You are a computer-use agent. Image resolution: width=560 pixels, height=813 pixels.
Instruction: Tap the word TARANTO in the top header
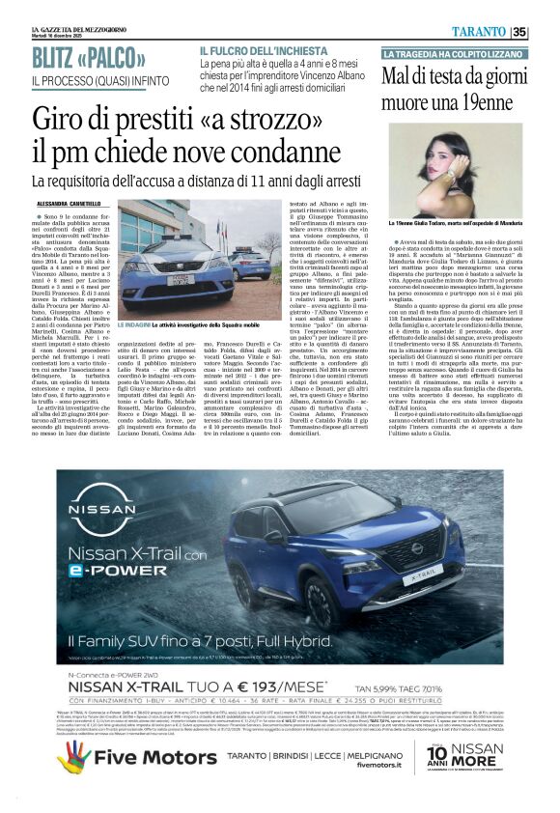(480, 32)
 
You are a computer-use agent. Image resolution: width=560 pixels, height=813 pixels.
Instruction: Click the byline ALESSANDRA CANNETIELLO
(77, 204)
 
